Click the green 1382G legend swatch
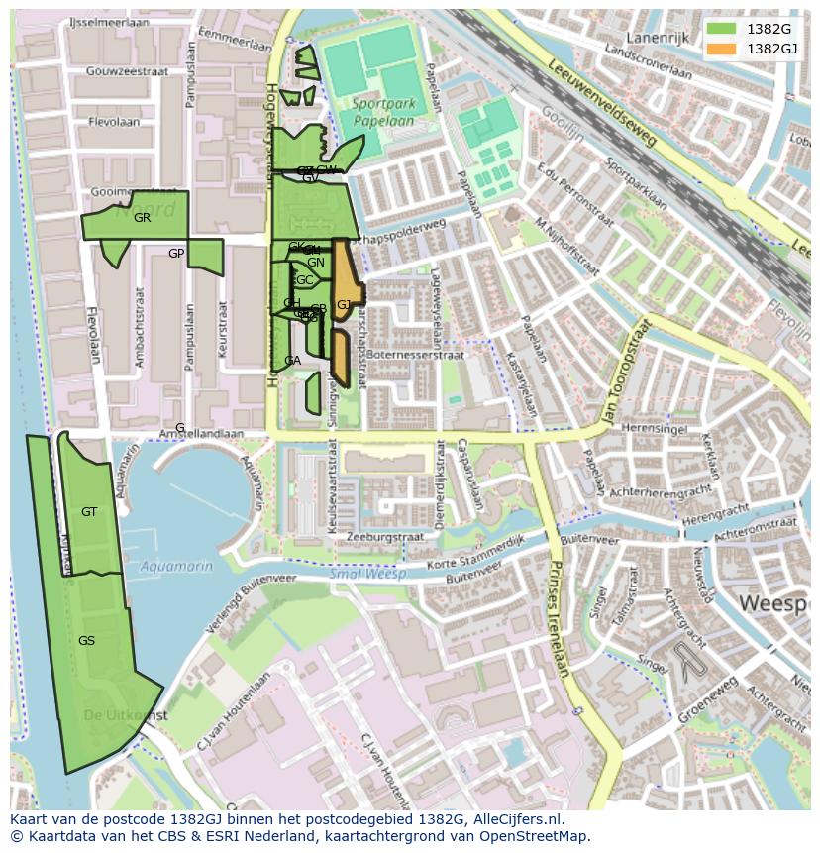pyautogui.click(x=720, y=28)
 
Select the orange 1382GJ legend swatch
pyautogui.click(x=720, y=48)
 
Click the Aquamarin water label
pyautogui.click(x=176, y=566)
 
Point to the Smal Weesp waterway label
pyautogui.click(x=363, y=573)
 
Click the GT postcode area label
pyautogui.click(x=89, y=512)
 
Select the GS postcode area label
pyautogui.click(x=86, y=641)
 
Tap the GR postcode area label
pyautogui.click(x=142, y=218)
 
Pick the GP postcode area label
pyautogui.click(x=176, y=254)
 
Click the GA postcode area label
pyautogui.click(x=292, y=361)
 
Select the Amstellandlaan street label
pyautogui.click(x=202, y=434)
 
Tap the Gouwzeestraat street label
pyautogui.click(x=127, y=71)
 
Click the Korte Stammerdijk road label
pyautogui.click(x=474, y=557)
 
